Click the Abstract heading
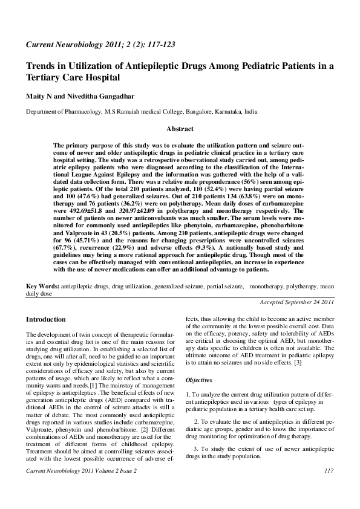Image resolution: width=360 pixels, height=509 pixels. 180,129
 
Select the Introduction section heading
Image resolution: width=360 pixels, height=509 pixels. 46,319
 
